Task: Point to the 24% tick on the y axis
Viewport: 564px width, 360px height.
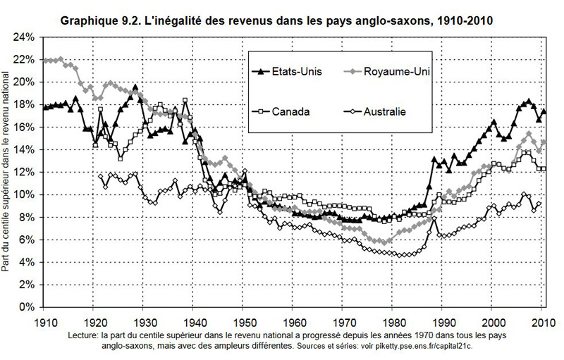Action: click(25, 37)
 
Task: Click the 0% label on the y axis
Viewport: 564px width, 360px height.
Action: click(27, 307)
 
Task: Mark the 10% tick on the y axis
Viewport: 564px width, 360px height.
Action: click(25, 194)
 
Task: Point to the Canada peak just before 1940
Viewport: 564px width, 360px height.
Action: click(185, 100)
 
